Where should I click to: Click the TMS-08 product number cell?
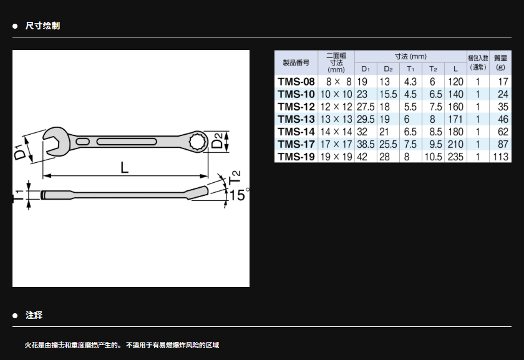296,82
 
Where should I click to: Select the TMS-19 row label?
296,157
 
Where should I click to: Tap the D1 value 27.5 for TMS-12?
366,107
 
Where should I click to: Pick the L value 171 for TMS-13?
455,119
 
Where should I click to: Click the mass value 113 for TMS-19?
500,157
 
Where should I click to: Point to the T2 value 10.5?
433,157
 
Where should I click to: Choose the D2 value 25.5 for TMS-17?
388,144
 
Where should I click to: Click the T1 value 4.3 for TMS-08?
410,82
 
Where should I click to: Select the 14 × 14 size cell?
336,132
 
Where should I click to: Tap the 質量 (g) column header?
500,62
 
